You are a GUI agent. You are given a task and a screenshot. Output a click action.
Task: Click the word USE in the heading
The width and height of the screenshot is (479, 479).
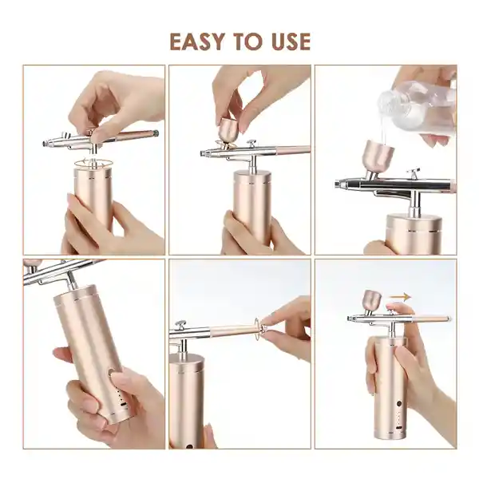coord(291,42)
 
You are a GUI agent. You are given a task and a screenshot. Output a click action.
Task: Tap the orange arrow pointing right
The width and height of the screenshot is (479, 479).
coord(400,296)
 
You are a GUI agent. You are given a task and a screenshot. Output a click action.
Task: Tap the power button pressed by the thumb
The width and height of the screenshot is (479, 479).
coord(111,373)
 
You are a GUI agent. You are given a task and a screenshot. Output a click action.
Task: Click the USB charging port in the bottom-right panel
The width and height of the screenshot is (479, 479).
coord(398,428)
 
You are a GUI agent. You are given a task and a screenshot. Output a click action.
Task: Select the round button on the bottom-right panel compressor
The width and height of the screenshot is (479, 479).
coord(398,404)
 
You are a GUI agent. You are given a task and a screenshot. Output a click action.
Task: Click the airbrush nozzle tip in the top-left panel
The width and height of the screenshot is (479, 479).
coord(46,143)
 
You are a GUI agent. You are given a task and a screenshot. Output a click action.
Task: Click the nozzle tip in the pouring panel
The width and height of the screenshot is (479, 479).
coord(338,184)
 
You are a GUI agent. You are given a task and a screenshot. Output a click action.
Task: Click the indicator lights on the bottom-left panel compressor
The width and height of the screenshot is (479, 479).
coord(121,398)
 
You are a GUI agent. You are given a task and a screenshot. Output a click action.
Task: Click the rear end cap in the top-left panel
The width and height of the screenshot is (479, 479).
coord(155,133)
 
